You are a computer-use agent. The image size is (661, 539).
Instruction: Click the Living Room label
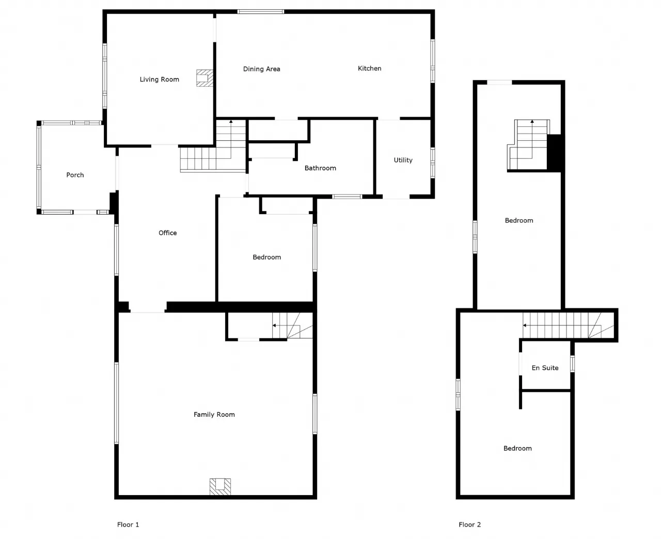(x=159, y=79)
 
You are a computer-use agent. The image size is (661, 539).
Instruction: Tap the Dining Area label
(x=261, y=69)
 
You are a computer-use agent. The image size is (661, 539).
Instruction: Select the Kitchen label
(x=370, y=68)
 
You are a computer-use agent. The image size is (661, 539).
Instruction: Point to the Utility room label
(x=403, y=160)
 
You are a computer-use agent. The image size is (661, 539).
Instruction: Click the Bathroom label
(x=320, y=168)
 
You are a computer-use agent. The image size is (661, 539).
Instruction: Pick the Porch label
(x=75, y=175)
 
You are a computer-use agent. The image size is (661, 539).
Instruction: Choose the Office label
(x=168, y=233)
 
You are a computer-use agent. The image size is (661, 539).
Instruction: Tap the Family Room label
(x=214, y=414)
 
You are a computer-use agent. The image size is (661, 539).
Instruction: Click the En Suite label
(x=545, y=368)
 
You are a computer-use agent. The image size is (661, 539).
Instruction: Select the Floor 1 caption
(x=128, y=525)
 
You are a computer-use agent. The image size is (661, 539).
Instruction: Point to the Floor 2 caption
(x=469, y=525)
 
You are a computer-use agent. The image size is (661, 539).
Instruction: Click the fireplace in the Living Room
(x=204, y=78)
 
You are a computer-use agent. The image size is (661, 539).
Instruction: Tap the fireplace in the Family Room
(x=220, y=487)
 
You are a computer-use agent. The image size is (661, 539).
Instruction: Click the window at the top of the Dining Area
(x=260, y=11)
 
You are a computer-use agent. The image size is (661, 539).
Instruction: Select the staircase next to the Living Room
(x=213, y=146)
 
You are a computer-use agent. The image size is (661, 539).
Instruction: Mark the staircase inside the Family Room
(x=292, y=325)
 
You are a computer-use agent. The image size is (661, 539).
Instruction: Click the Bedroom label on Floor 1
(x=266, y=257)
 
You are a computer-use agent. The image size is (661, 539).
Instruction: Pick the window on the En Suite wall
(x=572, y=364)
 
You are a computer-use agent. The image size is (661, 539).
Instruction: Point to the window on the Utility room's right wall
(x=433, y=163)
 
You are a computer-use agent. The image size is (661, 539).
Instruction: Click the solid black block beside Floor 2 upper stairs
(x=554, y=153)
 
